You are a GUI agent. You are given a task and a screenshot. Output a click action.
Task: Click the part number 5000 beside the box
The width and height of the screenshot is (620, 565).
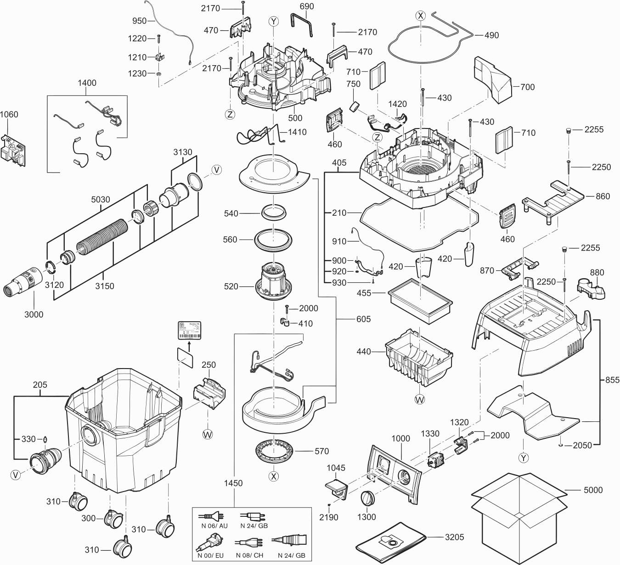point(593,490)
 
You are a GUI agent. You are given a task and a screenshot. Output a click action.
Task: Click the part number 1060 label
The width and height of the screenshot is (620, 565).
point(9,114)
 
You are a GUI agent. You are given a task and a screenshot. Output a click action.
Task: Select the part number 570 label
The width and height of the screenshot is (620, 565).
point(322,451)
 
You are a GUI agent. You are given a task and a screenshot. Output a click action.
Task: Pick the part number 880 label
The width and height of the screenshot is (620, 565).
point(597,272)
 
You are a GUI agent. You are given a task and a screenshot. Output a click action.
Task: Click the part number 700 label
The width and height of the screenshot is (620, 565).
point(528,87)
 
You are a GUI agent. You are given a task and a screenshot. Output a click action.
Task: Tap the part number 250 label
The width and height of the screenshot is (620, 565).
point(209,364)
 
